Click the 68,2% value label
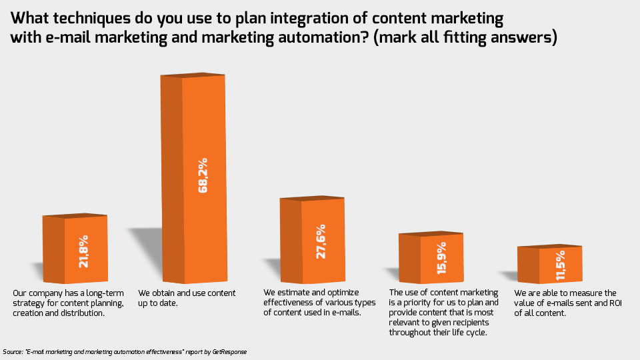click(203, 175)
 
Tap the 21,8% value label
click(84, 251)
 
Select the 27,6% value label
click(321, 241)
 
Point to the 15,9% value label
click(441, 258)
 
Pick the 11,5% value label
click(561, 265)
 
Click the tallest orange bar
click(193, 178)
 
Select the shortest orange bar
click(550, 264)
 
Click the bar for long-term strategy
click(75, 248)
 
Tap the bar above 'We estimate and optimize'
click(312, 239)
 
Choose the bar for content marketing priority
click(431, 257)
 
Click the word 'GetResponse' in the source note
click(229, 352)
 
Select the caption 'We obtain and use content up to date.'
click(187, 298)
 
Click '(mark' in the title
click(395, 37)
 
